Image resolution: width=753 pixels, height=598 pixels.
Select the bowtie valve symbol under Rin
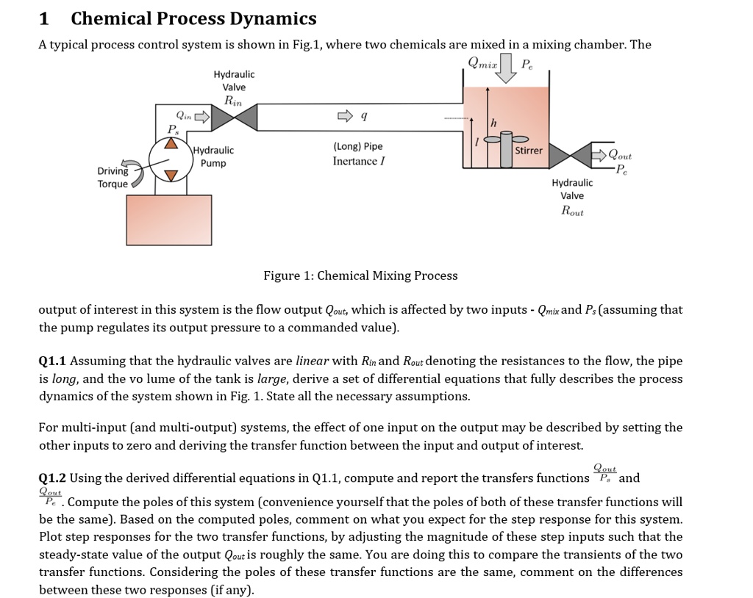click(x=242, y=116)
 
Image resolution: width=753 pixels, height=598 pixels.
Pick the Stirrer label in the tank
click(x=529, y=151)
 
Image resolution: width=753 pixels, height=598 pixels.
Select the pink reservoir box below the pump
click(x=168, y=223)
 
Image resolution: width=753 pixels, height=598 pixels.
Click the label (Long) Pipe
click(x=357, y=146)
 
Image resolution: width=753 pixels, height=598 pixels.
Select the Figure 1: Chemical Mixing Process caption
click(x=360, y=275)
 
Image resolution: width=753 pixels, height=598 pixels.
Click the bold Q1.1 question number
click(x=52, y=361)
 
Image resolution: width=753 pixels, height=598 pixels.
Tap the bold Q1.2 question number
click(x=52, y=478)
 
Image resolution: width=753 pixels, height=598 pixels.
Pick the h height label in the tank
click(x=493, y=122)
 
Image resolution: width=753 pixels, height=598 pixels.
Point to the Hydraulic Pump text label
click(x=213, y=156)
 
